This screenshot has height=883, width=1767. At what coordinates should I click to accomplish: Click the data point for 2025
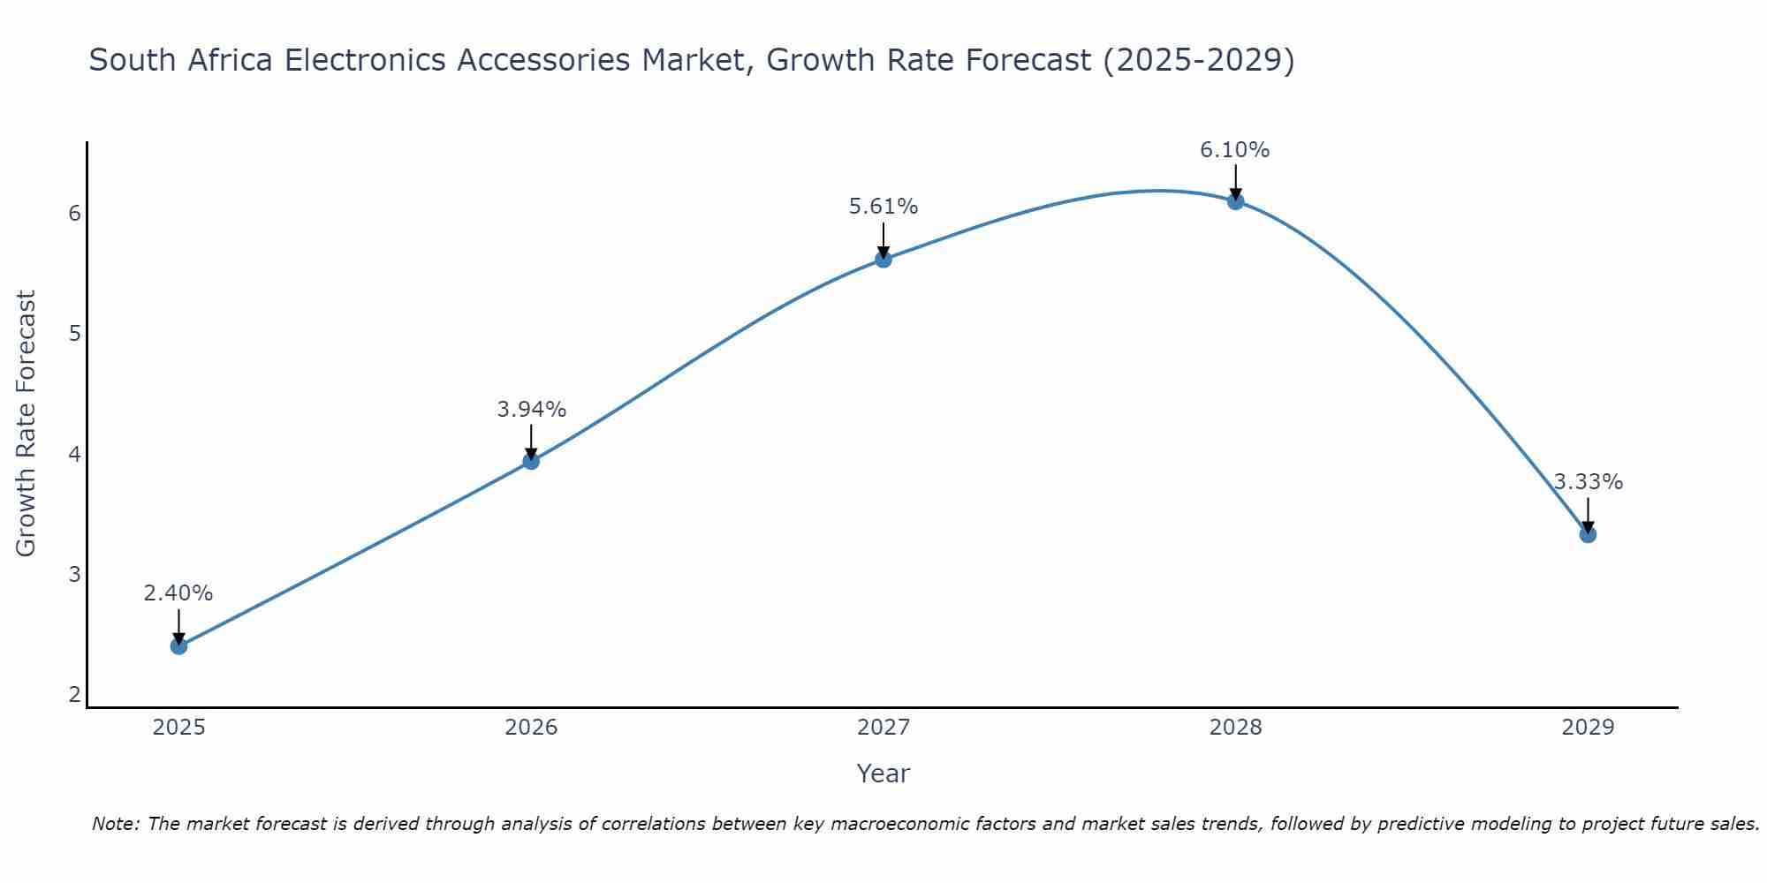click(x=178, y=646)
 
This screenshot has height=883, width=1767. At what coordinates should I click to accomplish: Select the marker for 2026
click(x=531, y=461)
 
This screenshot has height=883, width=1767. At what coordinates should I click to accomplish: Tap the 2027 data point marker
click(x=883, y=259)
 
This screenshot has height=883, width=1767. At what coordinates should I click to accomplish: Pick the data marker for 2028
click(x=1235, y=201)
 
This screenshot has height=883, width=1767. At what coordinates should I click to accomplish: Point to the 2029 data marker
click(x=1588, y=534)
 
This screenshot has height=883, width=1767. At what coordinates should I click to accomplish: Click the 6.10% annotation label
click(x=1234, y=150)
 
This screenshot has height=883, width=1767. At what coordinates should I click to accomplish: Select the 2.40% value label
click(x=178, y=593)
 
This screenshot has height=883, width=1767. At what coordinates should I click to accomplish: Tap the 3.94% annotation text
click(x=531, y=410)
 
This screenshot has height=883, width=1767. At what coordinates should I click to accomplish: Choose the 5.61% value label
click(x=883, y=207)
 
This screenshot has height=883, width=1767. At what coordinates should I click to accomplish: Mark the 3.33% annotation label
click(x=1588, y=482)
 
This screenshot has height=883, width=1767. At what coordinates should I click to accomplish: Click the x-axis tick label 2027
click(x=883, y=728)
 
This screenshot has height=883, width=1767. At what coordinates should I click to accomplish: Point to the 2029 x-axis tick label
click(x=1588, y=728)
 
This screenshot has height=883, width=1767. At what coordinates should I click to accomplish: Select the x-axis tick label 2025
click(x=178, y=728)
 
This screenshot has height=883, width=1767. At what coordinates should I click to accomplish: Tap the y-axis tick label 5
click(x=74, y=334)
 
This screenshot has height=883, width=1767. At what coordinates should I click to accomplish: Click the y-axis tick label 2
click(x=74, y=695)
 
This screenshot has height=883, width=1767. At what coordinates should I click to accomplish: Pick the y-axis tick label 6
click(x=74, y=214)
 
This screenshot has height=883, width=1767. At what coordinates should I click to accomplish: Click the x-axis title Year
click(x=883, y=774)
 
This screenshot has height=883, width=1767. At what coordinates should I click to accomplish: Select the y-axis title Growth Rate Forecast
click(x=27, y=424)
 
